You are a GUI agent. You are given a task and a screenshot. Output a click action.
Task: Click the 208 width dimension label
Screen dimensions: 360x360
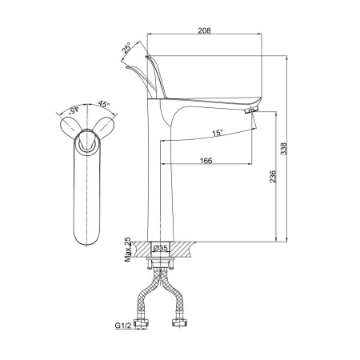click(204, 30)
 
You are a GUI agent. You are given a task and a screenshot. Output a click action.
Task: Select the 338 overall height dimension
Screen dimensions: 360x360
click(283, 149)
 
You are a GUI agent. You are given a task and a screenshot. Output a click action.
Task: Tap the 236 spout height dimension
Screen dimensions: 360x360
click(273, 177)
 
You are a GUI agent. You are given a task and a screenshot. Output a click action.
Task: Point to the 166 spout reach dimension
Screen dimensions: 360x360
click(206, 161)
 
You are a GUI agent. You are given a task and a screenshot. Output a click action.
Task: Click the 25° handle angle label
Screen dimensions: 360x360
click(126, 48)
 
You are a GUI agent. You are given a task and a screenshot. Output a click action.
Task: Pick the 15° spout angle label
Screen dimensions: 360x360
click(218, 133)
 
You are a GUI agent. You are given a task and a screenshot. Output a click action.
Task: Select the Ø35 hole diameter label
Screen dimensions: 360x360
click(161, 248)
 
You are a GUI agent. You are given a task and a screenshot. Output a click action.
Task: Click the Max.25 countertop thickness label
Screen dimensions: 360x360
click(128, 250)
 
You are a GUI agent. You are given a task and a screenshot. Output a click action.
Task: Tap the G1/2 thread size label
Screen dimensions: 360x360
click(123, 326)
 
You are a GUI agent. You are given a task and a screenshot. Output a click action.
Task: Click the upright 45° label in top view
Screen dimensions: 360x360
click(104, 104)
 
